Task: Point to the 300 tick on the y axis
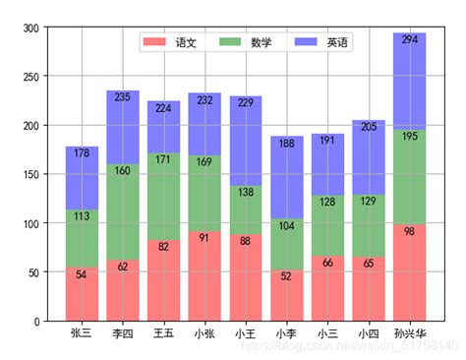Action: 32,29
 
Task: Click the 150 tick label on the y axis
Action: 32,175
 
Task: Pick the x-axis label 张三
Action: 82,333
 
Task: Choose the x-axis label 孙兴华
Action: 409,333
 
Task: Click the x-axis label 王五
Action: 163,333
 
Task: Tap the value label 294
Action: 409,39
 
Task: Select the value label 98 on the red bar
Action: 409,231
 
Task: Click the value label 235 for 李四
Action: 123,97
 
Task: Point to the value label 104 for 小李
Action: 286,225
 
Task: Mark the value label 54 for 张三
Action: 82,274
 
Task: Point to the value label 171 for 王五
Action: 163,159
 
